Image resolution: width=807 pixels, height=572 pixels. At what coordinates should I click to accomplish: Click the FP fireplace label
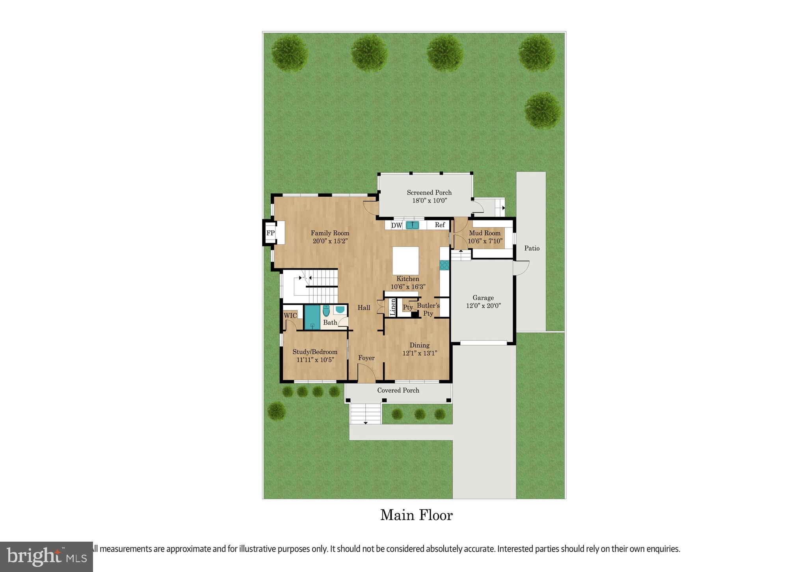270,233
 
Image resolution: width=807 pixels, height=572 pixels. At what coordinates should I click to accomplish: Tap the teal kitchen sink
412,225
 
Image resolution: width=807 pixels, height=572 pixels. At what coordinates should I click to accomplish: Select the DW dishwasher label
396,225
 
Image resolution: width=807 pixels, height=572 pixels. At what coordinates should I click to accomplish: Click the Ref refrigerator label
440,225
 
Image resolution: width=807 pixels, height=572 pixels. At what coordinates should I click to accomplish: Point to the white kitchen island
405,260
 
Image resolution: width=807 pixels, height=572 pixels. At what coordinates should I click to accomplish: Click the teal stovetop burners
444,265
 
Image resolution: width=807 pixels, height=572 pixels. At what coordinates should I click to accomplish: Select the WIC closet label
290,316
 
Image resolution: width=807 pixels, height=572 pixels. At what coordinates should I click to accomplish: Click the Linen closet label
393,307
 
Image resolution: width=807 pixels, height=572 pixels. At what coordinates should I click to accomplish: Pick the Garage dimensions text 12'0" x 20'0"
483,306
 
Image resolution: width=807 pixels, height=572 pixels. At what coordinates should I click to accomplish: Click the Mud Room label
484,233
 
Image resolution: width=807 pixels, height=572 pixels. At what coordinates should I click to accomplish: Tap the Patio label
532,248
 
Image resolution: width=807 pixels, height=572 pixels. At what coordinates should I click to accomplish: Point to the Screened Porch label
429,192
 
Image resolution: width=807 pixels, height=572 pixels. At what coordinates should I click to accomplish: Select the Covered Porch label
398,390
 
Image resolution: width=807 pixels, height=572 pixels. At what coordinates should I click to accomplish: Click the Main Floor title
416,515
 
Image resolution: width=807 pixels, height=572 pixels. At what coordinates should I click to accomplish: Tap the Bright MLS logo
46,557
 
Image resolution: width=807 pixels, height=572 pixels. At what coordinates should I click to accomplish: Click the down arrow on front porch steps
365,423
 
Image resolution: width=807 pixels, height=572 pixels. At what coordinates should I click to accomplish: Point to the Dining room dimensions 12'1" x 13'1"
420,353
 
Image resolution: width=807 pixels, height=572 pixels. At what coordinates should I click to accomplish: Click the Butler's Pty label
428,309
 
